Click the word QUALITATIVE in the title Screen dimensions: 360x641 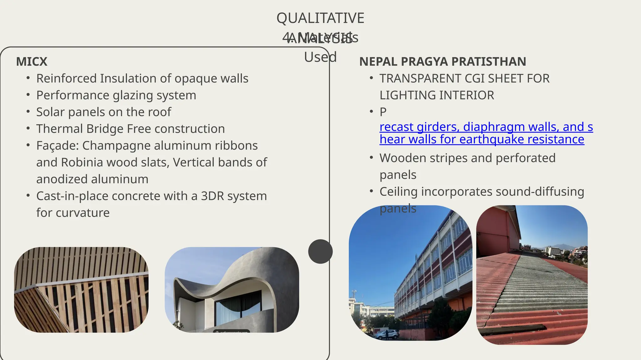320,18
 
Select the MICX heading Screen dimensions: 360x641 32,62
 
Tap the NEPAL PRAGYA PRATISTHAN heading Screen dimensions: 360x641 442,62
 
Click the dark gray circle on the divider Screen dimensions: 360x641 320,252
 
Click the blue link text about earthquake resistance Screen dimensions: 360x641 482,139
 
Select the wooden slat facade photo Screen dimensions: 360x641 81,290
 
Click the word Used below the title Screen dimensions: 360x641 320,57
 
